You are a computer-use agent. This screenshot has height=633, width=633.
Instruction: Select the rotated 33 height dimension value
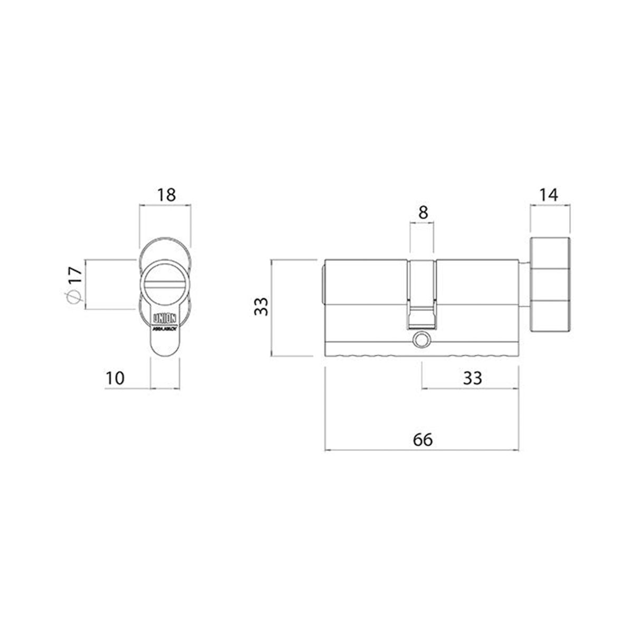point(262,306)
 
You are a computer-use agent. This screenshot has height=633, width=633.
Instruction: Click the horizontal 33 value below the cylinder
point(472,378)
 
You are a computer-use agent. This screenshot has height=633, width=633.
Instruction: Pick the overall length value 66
point(423,439)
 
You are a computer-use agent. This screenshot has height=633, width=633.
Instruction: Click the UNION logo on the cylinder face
point(165,319)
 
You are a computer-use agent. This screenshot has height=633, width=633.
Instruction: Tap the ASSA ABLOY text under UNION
point(165,328)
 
